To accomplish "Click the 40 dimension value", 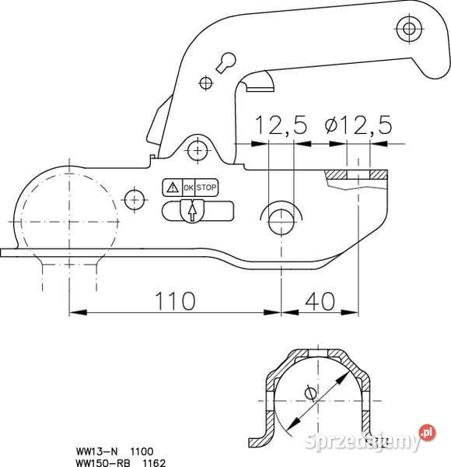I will click(319, 300).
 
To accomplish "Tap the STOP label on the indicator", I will click(206, 188).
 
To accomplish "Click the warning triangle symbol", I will click(171, 188).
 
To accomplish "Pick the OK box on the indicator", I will click(188, 188).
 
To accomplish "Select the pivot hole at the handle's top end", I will click(406, 30).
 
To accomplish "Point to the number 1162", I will click(143, 461).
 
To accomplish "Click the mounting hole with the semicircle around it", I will click(280, 220).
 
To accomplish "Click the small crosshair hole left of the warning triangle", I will click(135, 199).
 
